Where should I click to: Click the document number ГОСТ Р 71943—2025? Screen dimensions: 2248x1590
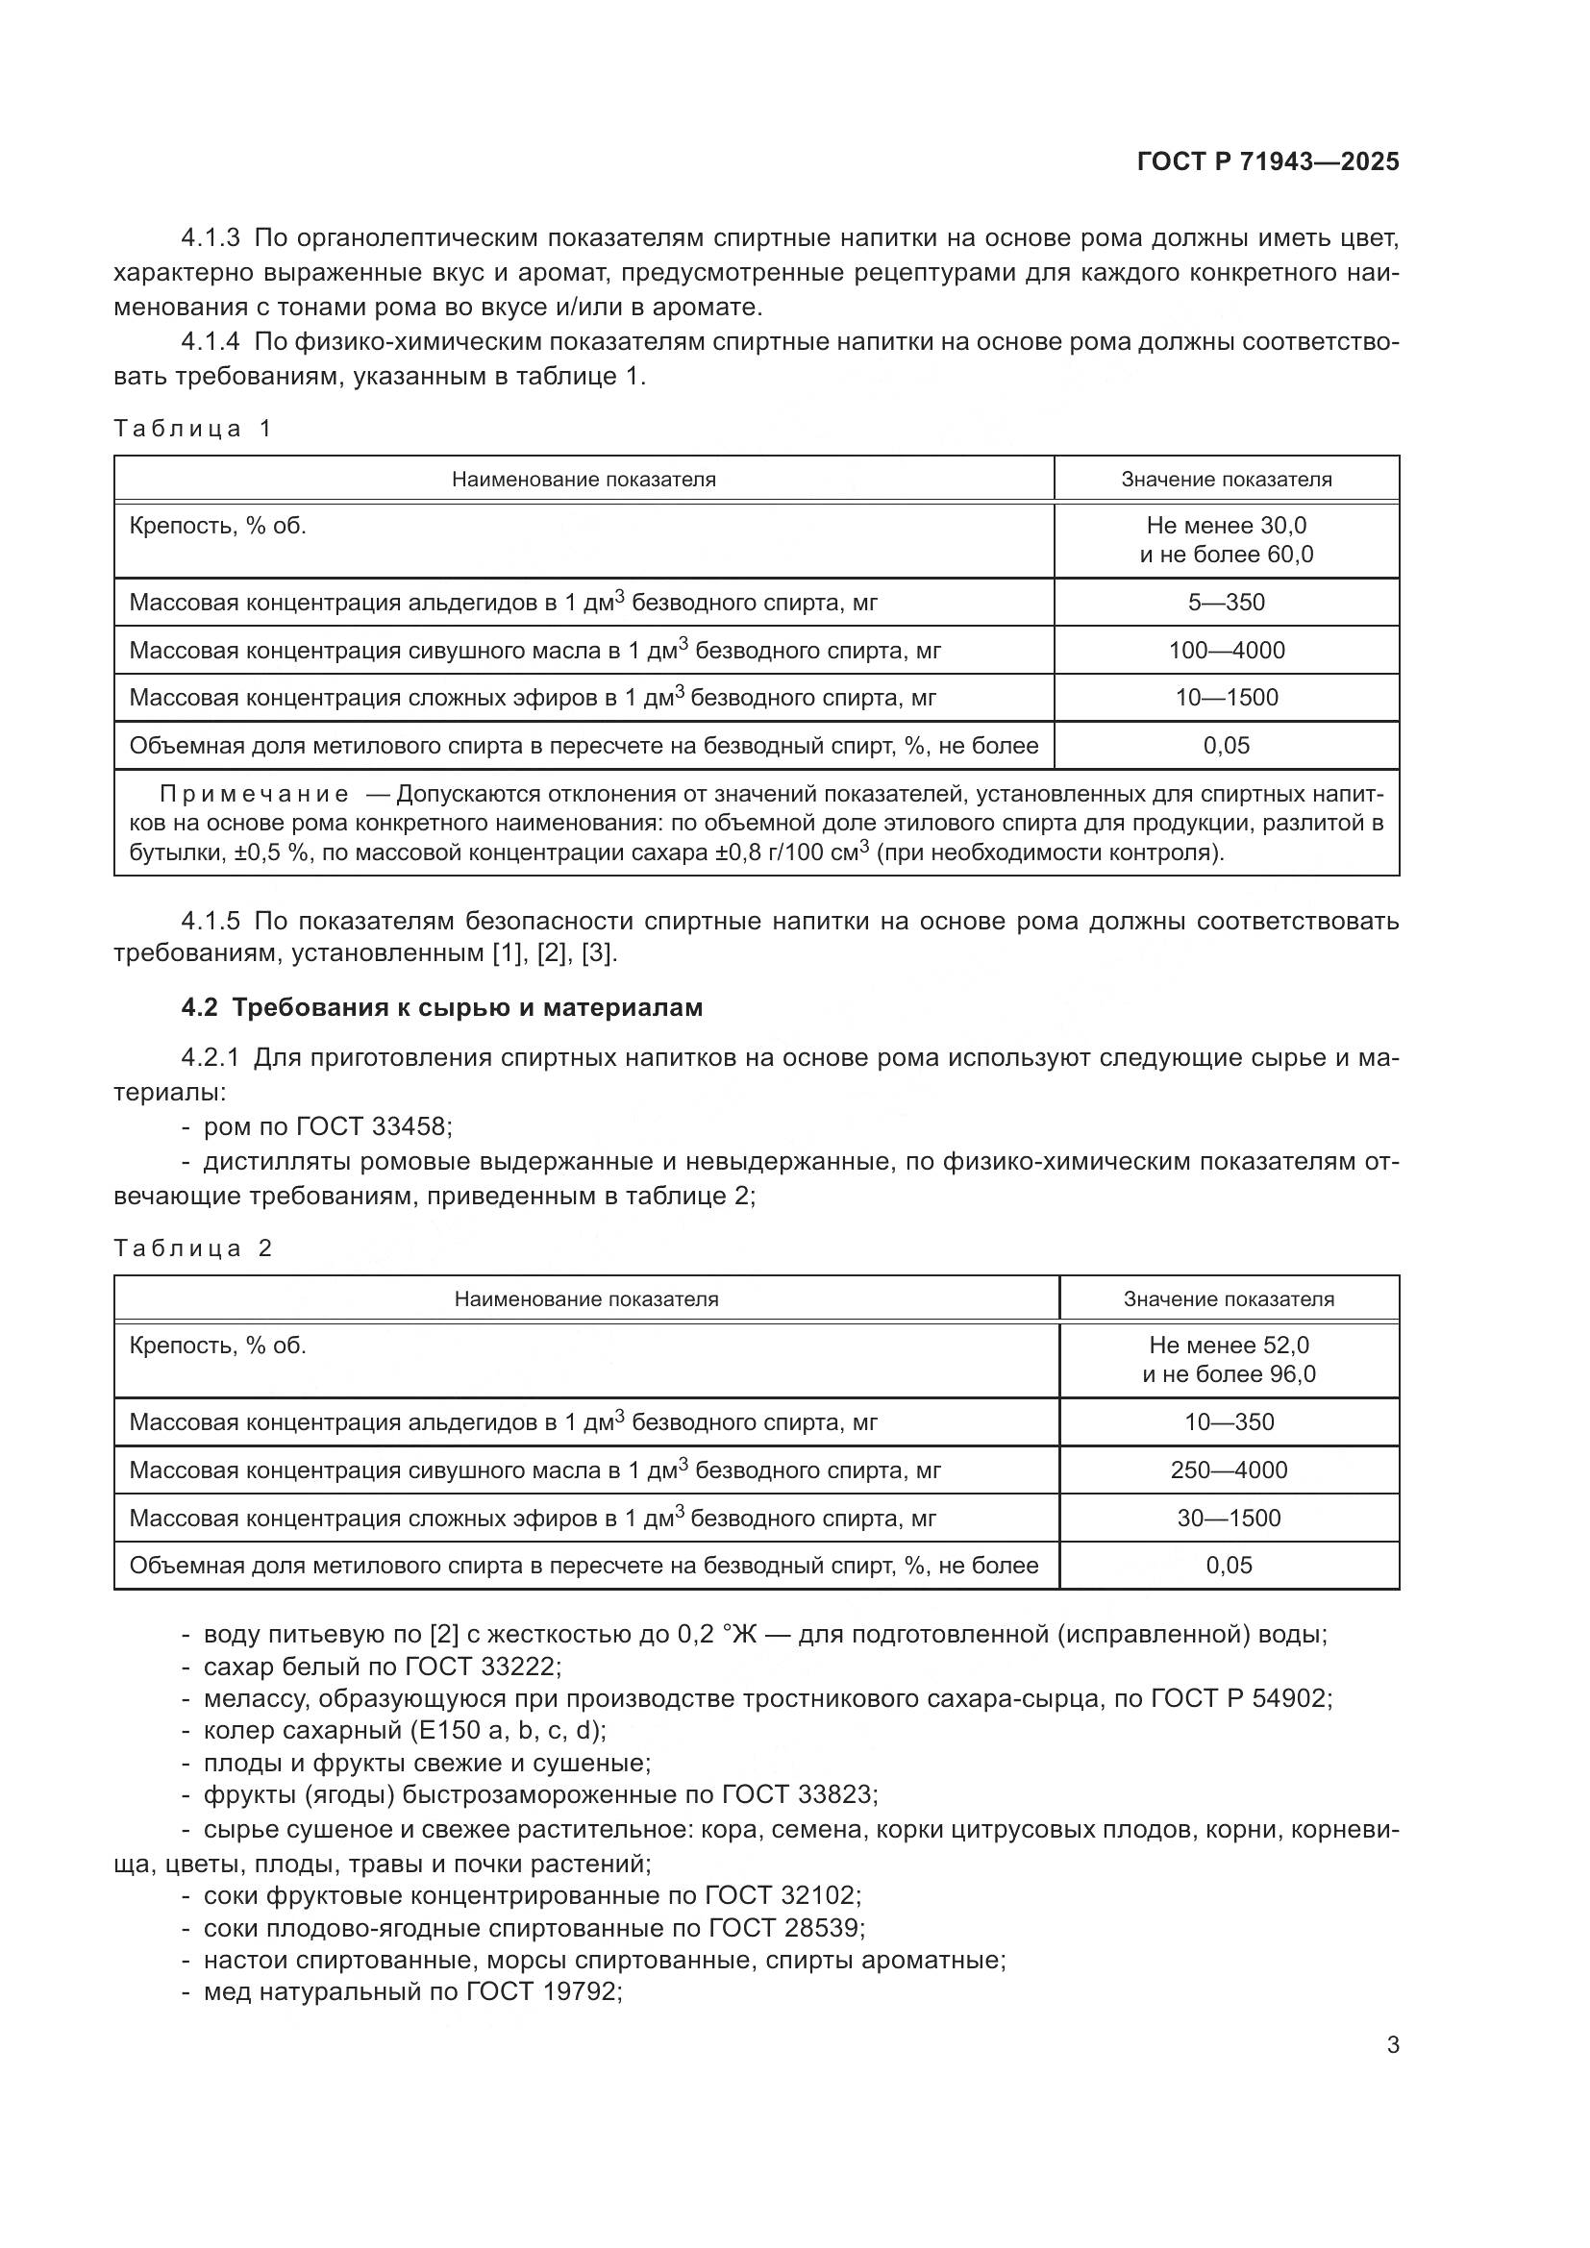[1268, 161]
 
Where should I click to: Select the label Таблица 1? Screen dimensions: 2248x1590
[192, 428]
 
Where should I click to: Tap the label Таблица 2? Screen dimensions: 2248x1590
[192, 1248]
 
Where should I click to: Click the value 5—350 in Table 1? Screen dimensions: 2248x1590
[1226, 603]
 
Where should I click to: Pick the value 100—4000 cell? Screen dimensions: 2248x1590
[1226, 650]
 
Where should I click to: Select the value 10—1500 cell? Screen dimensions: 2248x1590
[1226, 697]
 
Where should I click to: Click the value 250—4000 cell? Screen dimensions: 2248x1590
[1229, 1470]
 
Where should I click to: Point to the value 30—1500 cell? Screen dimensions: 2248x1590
[1229, 1518]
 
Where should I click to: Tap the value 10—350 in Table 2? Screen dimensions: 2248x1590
[1229, 1421]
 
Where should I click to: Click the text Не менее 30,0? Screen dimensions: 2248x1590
[1226, 526]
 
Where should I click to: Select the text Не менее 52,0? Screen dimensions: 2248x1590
[1229, 1346]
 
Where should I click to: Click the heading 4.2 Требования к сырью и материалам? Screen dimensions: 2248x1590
[441, 1007]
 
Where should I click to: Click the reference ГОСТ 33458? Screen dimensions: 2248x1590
[371, 1127]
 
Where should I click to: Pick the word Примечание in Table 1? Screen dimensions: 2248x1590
[254, 793]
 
